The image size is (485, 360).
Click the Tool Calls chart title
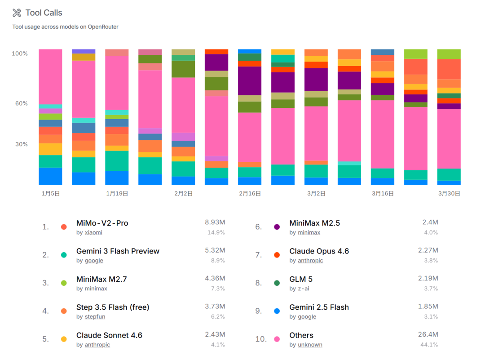(x=44, y=13)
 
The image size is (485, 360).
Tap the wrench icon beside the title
(x=17, y=13)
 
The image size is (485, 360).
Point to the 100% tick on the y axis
(x=20, y=53)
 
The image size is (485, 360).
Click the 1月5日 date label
(x=50, y=194)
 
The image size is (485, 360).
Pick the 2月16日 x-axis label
(x=250, y=194)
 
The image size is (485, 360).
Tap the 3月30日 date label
(x=449, y=194)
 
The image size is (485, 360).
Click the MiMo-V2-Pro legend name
(x=102, y=223)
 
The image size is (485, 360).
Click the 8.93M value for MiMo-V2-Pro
(x=215, y=222)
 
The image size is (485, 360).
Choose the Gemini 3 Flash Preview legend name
(x=118, y=251)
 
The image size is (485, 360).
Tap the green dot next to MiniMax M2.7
(x=64, y=283)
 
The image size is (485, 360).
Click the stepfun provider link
(x=95, y=317)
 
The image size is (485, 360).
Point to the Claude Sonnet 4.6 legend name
(x=109, y=335)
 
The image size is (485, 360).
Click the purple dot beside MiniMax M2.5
(x=277, y=227)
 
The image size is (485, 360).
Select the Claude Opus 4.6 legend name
(x=319, y=251)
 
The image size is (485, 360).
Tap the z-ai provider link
(x=304, y=289)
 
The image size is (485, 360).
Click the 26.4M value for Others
(x=428, y=335)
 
